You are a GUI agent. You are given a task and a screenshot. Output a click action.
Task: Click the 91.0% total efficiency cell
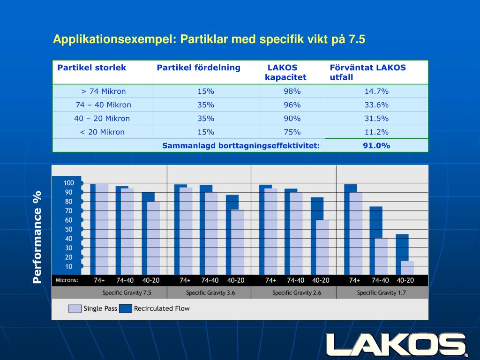(376, 146)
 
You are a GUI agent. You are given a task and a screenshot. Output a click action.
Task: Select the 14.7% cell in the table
(376, 91)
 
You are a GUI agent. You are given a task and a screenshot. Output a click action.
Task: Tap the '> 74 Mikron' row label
(103, 91)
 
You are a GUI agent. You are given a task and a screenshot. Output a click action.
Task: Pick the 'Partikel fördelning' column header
(198, 67)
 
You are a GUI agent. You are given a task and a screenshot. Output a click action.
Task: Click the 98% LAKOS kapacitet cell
(292, 91)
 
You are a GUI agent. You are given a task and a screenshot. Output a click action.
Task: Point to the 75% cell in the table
(292, 132)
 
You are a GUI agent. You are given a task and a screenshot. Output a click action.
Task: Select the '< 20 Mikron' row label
(102, 132)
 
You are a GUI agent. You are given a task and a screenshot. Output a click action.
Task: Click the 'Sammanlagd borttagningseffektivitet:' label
(241, 146)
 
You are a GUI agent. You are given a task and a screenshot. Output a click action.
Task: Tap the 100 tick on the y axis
(68, 183)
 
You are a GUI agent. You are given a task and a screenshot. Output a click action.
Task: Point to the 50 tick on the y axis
(68, 229)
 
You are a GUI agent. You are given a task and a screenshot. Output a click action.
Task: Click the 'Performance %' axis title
(37, 237)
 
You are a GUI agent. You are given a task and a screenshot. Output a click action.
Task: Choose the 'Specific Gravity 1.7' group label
(381, 293)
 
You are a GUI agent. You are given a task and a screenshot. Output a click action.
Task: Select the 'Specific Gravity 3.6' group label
(210, 293)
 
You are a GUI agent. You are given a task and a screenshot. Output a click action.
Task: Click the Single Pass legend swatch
(75, 308)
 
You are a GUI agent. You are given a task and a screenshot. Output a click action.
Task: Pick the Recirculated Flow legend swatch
(125, 308)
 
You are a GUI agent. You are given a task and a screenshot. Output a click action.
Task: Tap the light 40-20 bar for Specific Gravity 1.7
(408, 268)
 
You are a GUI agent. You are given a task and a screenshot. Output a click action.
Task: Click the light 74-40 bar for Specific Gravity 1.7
(382, 256)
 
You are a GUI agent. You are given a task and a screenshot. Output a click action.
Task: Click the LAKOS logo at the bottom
(397, 345)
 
